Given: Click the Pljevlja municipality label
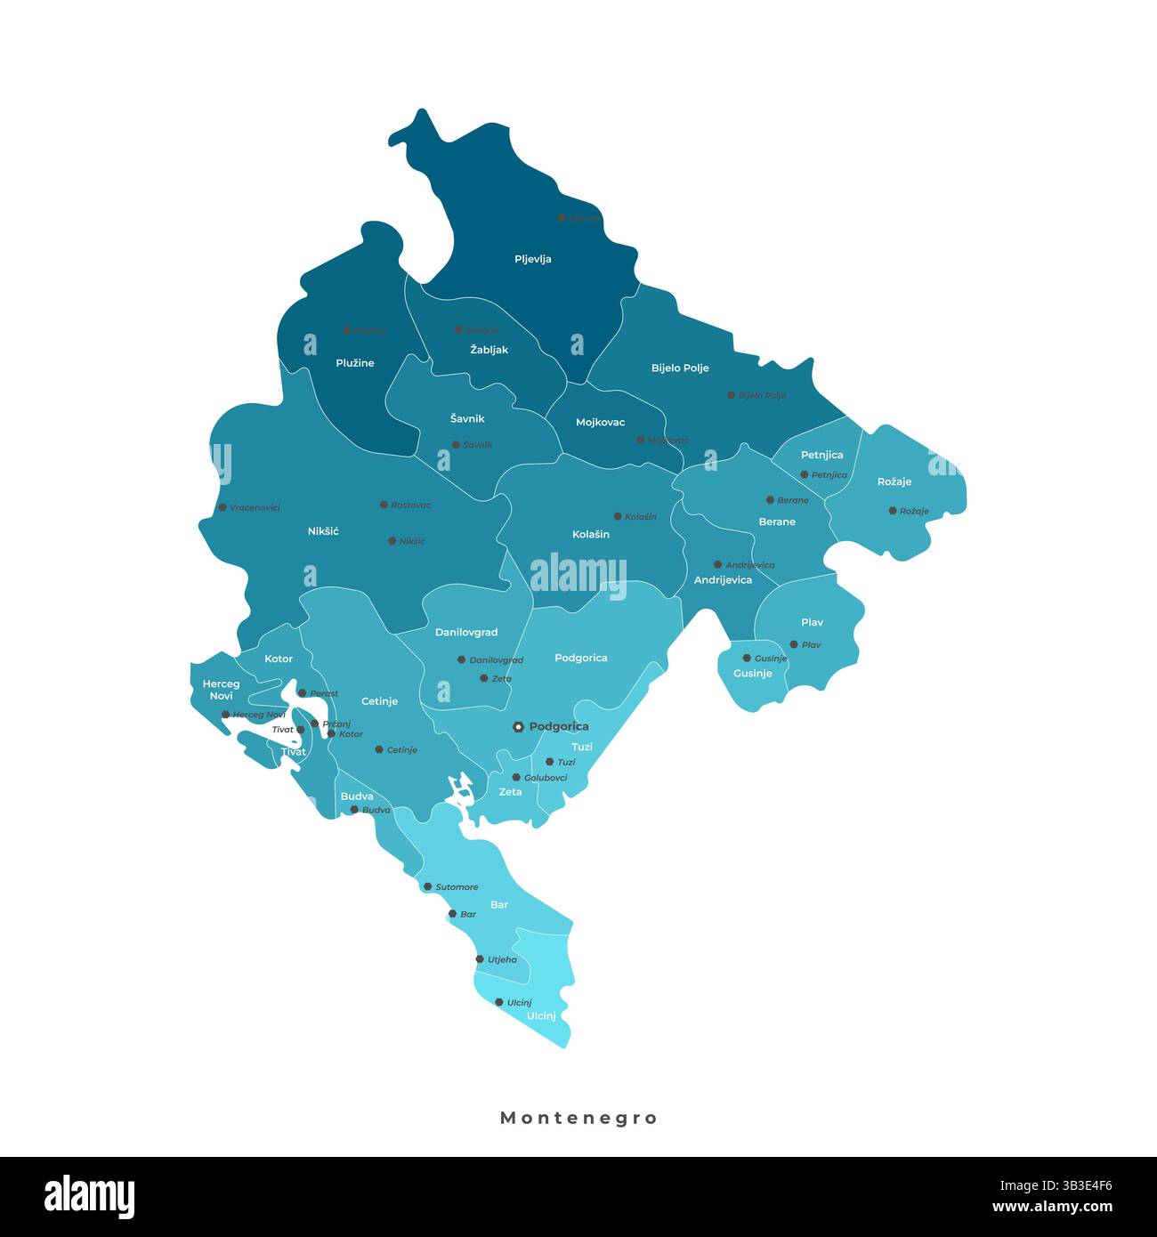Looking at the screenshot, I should pyautogui.click(x=533, y=259).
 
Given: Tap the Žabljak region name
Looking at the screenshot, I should pyautogui.click(x=489, y=350).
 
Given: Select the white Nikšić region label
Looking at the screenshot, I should pyautogui.click(x=323, y=531).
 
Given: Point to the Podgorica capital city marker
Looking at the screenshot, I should pyautogui.click(x=518, y=727).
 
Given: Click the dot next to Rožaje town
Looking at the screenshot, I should pyautogui.click(x=892, y=511).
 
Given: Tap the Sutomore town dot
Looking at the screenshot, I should pyautogui.click(x=427, y=886).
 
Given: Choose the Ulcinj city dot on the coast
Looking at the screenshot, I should pyautogui.click(x=499, y=1002).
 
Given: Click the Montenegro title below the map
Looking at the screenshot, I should pyautogui.click(x=578, y=1118).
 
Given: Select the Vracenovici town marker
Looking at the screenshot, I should pyautogui.click(x=222, y=507).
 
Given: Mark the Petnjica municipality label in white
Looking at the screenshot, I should pyautogui.click(x=821, y=455).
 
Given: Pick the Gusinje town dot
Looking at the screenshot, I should pyautogui.click(x=747, y=658).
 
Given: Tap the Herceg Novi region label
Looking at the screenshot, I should pyautogui.click(x=221, y=690).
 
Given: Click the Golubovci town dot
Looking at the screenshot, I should pyautogui.click(x=516, y=777).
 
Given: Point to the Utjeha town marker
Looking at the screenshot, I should pyautogui.click(x=480, y=959).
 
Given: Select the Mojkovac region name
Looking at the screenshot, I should pyautogui.click(x=600, y=423).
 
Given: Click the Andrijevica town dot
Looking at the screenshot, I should pyautogui.click(x=717, y=564).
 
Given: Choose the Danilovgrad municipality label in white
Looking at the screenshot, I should pyautogui.click(x=466, y=633).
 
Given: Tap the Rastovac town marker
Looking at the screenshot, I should pyautogui.click(x=384, y=505).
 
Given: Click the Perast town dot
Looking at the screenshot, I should pyautogui.click(x=302, y=692).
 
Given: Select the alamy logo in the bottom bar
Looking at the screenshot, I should pyautogui.click(x=89, y=1197).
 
